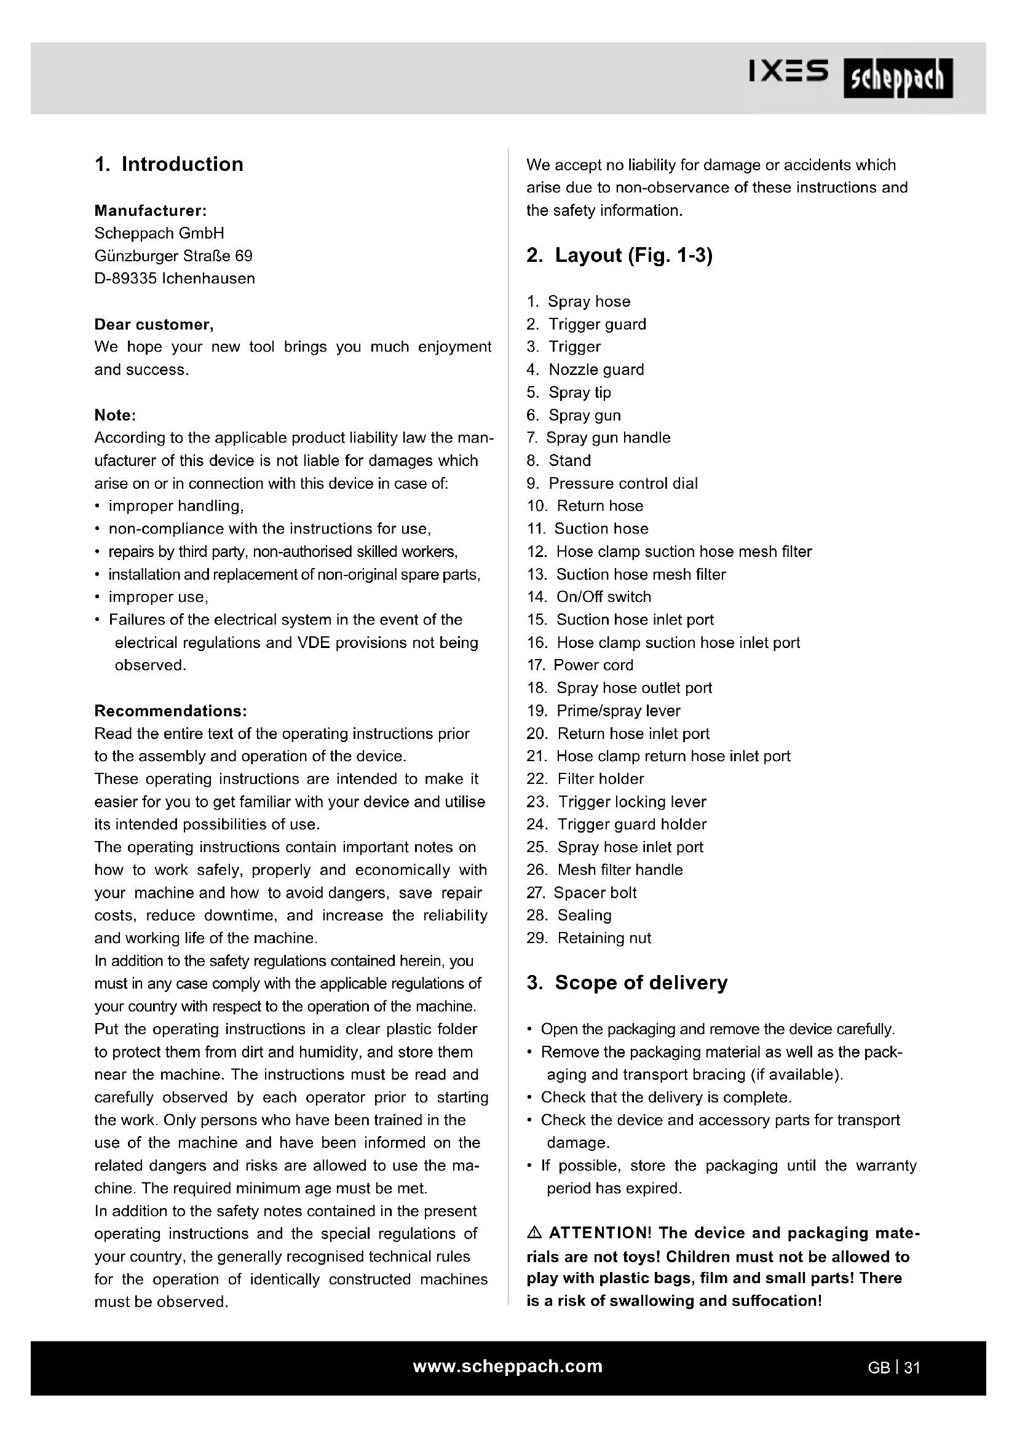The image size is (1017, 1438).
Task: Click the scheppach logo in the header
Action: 897,78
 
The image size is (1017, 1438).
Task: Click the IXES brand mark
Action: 788,71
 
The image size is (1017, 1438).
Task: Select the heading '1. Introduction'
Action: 169,164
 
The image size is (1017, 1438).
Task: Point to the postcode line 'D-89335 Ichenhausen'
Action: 175,279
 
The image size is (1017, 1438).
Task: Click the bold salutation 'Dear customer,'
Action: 154,325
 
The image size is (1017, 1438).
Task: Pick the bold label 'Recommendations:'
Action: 170,711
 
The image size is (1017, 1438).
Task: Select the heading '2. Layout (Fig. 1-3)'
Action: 619,256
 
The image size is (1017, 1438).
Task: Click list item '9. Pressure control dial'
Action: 612,483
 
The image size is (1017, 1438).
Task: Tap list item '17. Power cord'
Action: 580,665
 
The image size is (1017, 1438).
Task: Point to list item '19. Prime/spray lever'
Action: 603,711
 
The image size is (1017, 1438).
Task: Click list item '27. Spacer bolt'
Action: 581,893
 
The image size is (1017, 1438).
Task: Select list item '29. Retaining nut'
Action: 588,938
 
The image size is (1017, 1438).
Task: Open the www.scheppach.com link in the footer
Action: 507,1367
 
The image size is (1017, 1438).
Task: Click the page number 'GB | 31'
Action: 893,1368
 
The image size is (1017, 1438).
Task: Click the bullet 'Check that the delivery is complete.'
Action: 666,1097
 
